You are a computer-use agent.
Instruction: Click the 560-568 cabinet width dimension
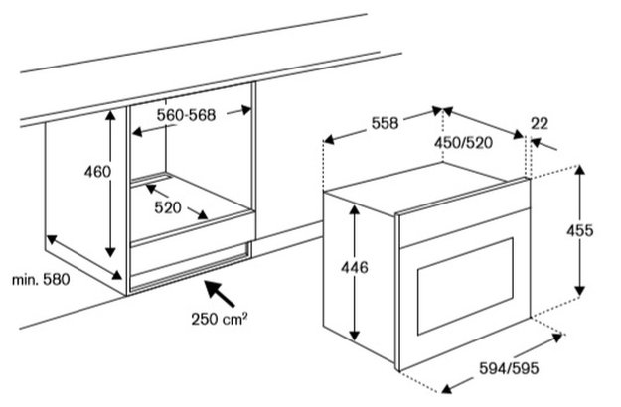tap(186, 115)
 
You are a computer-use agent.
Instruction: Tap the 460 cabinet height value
tap(97, 172)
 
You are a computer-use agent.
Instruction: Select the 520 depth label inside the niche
tap(168, 207)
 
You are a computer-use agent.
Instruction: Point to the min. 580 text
tap(41, 280)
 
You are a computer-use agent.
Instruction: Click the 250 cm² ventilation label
tap(220, 319)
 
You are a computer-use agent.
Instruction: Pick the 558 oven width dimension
tap(385, 123)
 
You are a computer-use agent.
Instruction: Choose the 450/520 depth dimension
tap(463, 142)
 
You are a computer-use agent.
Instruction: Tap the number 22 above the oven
tap(540, 124)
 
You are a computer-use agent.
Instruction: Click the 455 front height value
tap(580, 230)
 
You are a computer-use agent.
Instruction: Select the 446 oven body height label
tap(355, 268)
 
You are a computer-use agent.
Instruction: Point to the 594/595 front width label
tap(509, 368)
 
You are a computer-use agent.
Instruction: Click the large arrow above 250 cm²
tap(219, 294)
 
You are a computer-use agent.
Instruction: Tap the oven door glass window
tap(465, 286)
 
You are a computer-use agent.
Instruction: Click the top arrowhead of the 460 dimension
tap(110, 115)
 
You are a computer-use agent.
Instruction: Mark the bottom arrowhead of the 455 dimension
tap(580, 290)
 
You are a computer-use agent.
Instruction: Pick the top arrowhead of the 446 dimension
tap(355, 209)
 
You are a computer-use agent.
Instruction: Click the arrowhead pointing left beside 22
tap(536, 142)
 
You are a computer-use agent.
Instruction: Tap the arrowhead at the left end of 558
tap(330, 140)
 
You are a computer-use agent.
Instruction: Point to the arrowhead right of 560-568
tap(246, 110)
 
